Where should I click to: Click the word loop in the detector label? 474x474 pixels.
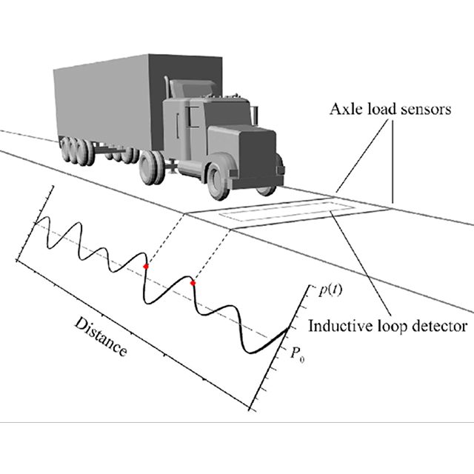[390, 324]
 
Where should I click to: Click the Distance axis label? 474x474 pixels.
[101, 337]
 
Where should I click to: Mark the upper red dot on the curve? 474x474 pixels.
[147, 264]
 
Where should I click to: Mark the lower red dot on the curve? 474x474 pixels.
[193, 282]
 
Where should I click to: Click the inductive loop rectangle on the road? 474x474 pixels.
[278, 213]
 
